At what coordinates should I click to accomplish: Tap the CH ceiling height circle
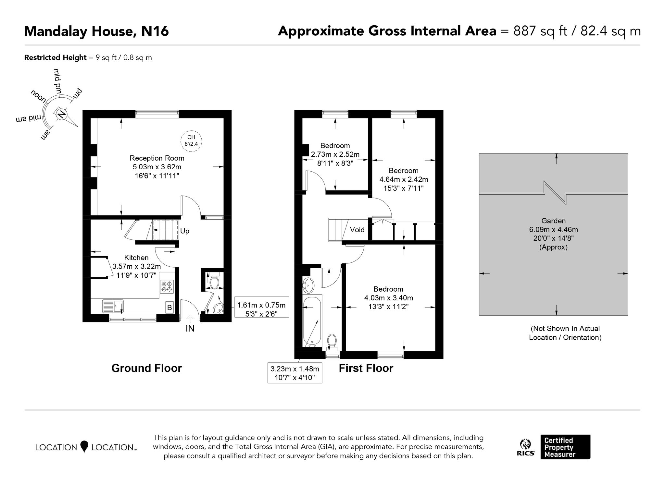pyautogui.click(x=191, y=140)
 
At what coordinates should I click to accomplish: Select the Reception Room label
pyautogui.click(x=157, y=158)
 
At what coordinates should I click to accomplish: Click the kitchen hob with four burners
pyautogui.click(x=167, y=286)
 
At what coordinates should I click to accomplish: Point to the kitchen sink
pyautogui.click(x=113, y=306)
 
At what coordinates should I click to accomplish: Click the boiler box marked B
pyautogui.click(x=169, y=307)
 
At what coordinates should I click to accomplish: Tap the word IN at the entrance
pyautogui.click(x=190, y=329)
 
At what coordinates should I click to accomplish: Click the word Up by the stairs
pyautogui.click(x=185, y=231)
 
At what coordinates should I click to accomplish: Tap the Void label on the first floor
pyautogui.click(x=357, y=230)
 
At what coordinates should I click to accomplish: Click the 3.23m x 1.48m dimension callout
pyautogui.click(x=295, y=373)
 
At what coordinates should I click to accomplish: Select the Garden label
pyautogui.click(x=554, y=221)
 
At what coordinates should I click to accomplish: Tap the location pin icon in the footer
pyautogui.click(x=84, y=446)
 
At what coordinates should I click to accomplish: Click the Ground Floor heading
pyautogui.click(x=146, y=368)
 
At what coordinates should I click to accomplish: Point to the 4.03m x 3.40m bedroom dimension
pyautogui.click(x=388, y=298)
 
